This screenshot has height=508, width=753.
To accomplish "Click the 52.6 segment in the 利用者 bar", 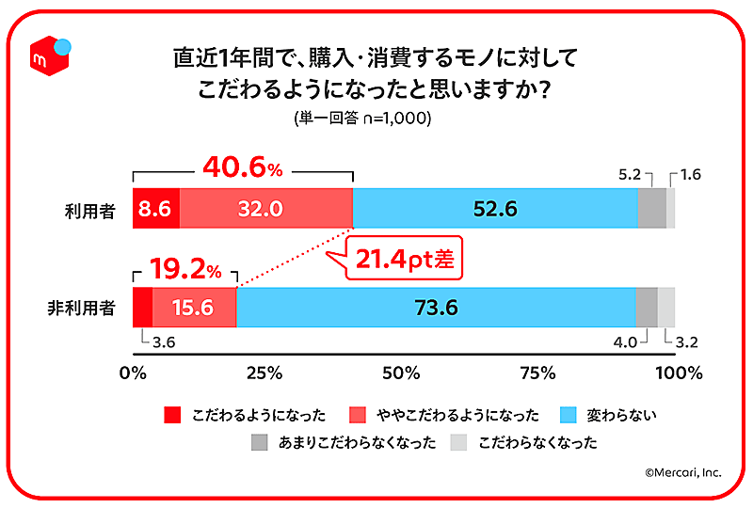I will tap(495, 209).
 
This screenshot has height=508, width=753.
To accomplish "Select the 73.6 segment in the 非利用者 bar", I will tap(436, 307).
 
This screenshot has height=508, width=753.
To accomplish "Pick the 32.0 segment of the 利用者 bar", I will tap(265, 209).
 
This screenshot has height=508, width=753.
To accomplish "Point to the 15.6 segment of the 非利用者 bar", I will tap(194, 307).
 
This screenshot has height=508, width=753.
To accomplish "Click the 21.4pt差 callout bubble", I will tap(403, 260).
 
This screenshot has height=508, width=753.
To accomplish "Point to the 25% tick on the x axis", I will tap(266, 373).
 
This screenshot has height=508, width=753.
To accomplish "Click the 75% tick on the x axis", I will tap(538, 373).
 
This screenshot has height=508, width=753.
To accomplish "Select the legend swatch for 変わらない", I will tap(569, 414).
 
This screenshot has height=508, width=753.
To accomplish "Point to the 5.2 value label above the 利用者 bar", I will tap(629, 174).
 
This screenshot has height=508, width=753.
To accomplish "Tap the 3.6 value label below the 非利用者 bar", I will tap(163, 341).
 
